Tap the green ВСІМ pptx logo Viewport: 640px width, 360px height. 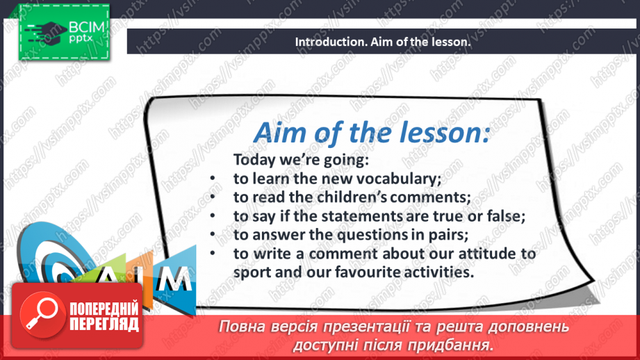pyautogui.click(x=64, y=32)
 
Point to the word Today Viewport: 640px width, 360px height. pyautogui.click(x=254, y=160)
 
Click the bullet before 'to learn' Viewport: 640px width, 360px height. pyautogui.click(x=213, y=179)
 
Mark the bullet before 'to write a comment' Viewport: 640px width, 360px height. pyautogui.click(x=213, y=254)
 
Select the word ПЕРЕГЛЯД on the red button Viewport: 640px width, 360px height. pyautogui.click(x=104, y=325)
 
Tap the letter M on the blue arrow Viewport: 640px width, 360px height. pyautogui.click(x=174, y=279)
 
